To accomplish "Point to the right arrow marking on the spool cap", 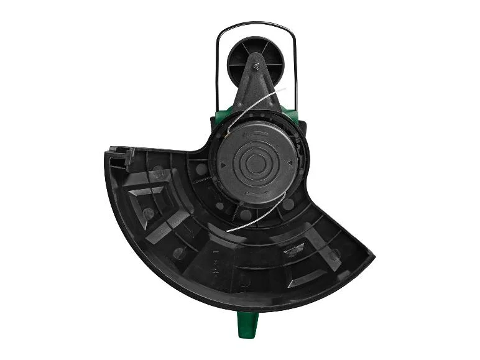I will pos(290,164).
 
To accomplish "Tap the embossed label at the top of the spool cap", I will pos(256,132).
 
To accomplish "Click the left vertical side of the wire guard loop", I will pos(216,68).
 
